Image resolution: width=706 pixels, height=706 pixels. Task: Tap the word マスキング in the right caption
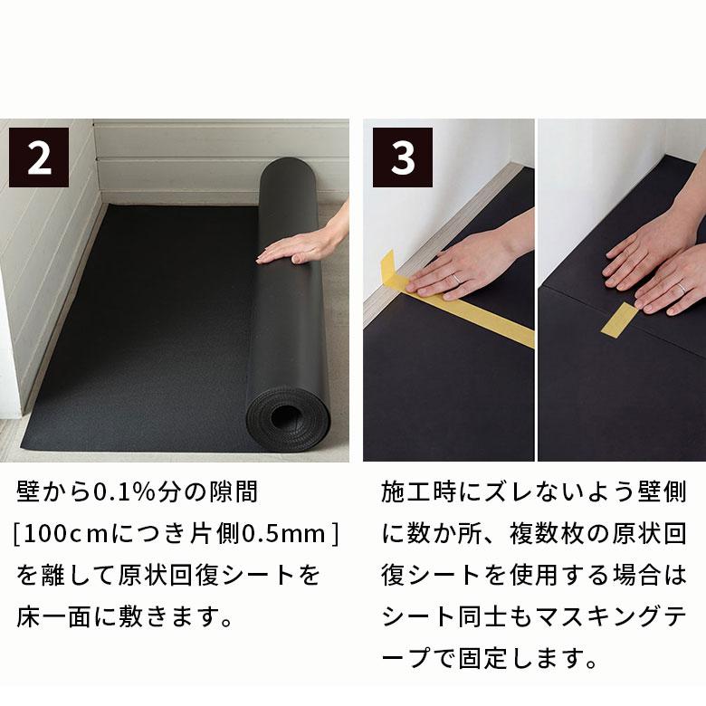click(x=588, y=617)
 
